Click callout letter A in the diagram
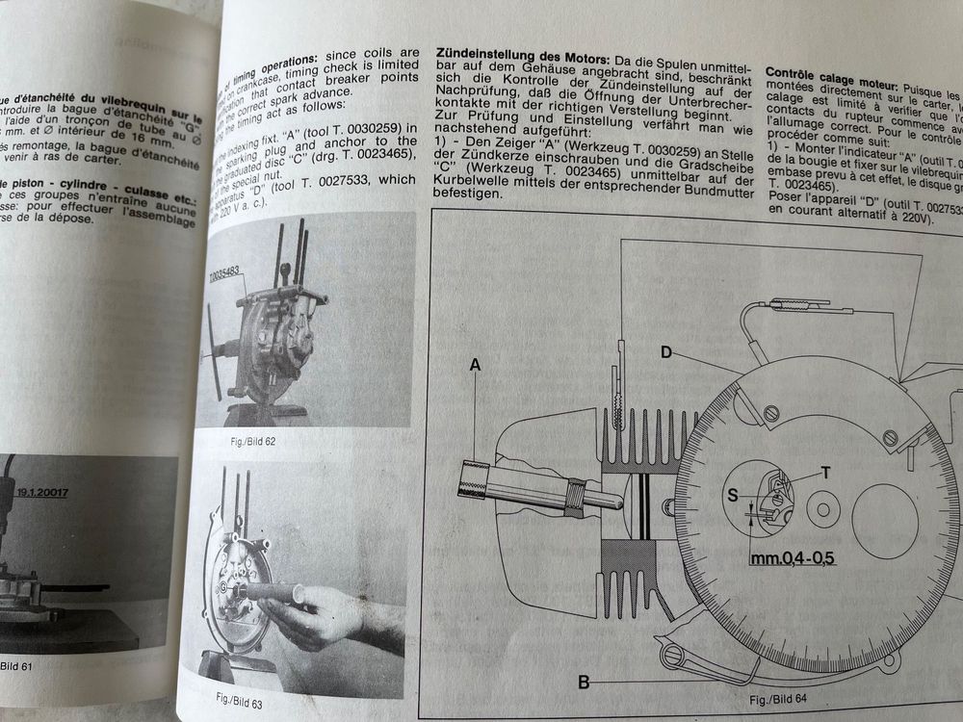tap(474, 365)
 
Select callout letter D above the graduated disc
tap(665, 352)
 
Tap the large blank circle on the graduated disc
tap(884, 521)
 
